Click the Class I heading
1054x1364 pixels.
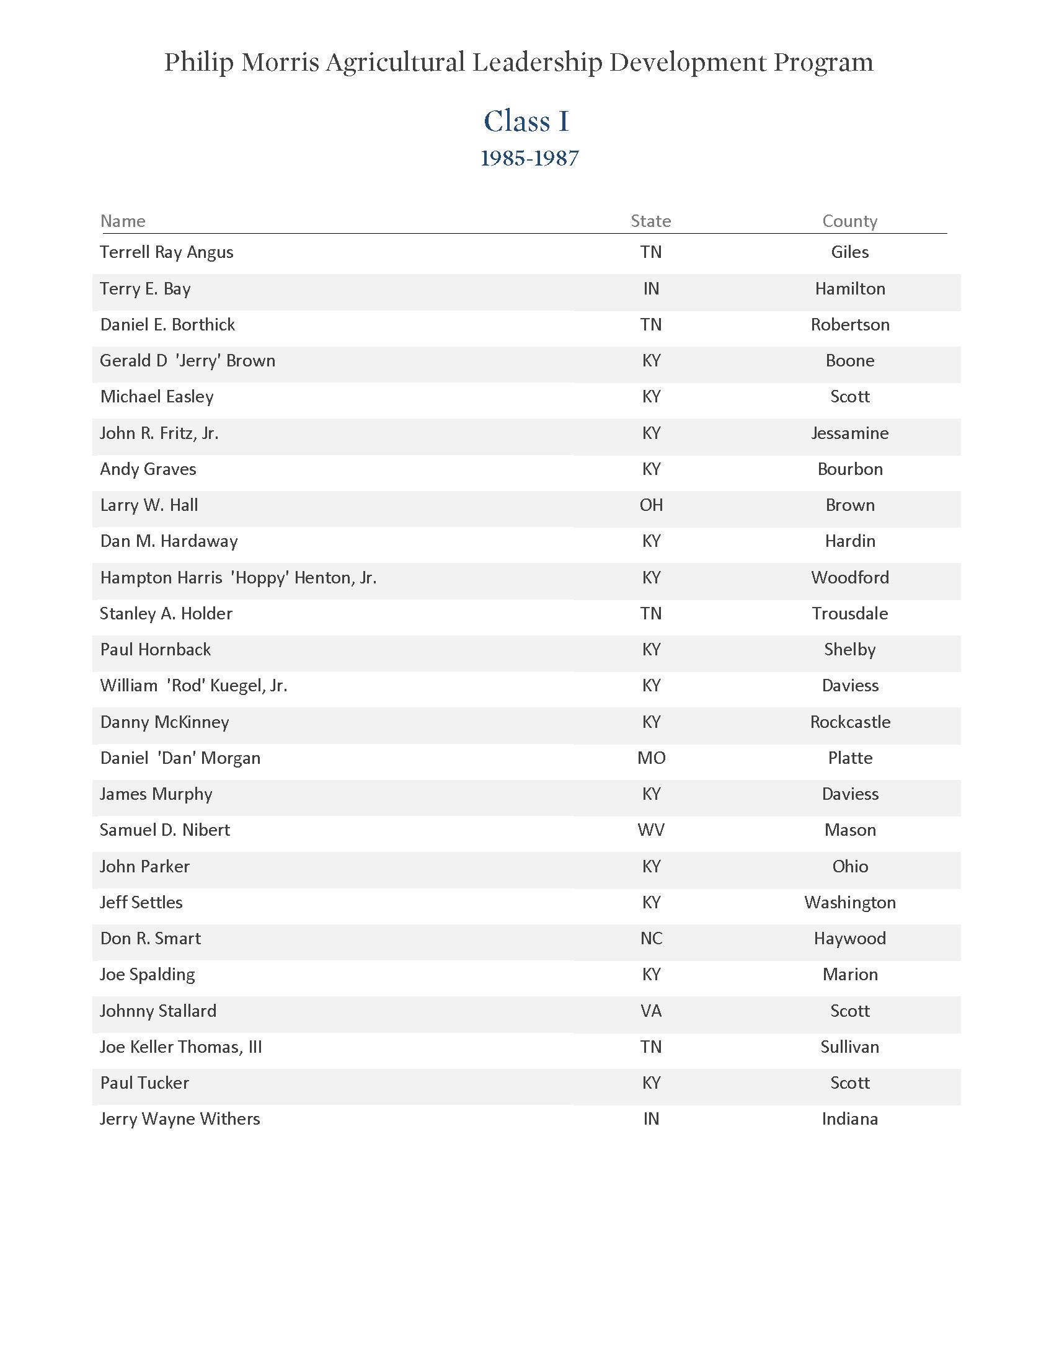526,121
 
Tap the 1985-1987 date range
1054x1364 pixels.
529,159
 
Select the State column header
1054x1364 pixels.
650,221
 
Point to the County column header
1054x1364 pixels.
849,221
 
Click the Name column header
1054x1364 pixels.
123,221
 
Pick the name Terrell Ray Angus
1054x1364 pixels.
167,252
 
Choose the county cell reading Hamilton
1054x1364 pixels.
850,288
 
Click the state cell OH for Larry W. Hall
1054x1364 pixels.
650,505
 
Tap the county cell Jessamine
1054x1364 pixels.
850,433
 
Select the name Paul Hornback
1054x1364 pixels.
156,650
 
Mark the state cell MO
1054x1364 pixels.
651,758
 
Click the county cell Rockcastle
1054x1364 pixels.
850,722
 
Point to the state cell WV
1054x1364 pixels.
651,830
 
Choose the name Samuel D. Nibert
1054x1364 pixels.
165,830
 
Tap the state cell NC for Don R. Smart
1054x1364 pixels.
651,939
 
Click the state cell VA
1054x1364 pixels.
651,1011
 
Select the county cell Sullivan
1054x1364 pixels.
850,1047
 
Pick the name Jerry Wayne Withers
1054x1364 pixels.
180,1119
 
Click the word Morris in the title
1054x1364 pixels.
280,63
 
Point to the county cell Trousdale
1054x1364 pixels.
850,614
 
